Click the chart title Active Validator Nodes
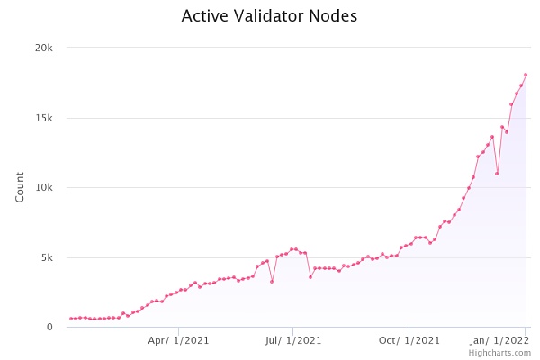pos(269,16)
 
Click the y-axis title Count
pos(20,187)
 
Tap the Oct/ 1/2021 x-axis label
pos(409,340)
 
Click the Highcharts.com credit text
pos(499,353)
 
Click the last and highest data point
pos(526,75)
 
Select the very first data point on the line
pos(71,319)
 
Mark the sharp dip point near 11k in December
pos(497,174)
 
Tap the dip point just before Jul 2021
pos(272,282)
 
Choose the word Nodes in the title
pos(333,16)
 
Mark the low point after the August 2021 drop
pos(310,276)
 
